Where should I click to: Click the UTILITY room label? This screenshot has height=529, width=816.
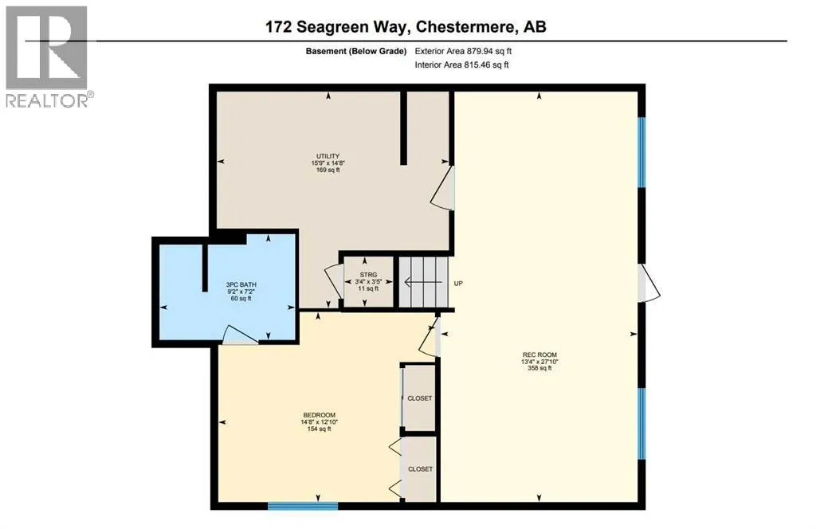pos(328,155)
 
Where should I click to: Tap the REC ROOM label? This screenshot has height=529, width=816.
pos(539,355)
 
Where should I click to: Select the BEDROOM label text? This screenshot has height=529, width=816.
pos(319,415)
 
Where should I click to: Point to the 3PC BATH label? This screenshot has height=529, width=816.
pos(241,284)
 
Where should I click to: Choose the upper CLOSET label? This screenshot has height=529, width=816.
pos(420,398)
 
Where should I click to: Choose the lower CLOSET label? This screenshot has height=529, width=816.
pos(420,469)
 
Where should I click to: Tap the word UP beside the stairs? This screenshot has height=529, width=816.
pos(458,283)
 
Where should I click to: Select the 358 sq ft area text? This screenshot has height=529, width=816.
pos(539,368)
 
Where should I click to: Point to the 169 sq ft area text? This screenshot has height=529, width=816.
pos(328,170)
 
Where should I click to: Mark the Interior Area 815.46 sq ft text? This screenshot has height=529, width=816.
pos(461,65)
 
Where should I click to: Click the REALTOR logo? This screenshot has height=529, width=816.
pos(48,56)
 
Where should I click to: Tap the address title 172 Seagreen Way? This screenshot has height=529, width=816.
pos(406,26)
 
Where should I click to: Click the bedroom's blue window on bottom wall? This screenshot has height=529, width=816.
pos(303,504)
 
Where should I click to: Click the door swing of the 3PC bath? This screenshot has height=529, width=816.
pos(239,335)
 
